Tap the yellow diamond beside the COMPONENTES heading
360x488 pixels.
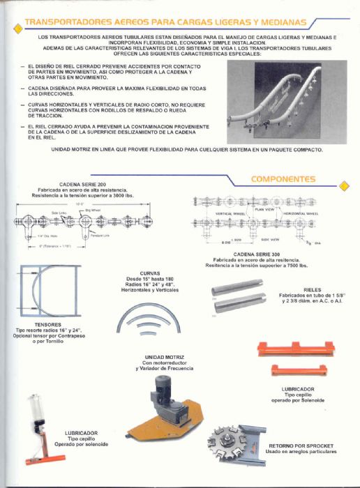point(343,185)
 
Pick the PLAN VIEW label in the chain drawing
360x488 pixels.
point(264,208)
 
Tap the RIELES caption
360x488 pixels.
point(312,289)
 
